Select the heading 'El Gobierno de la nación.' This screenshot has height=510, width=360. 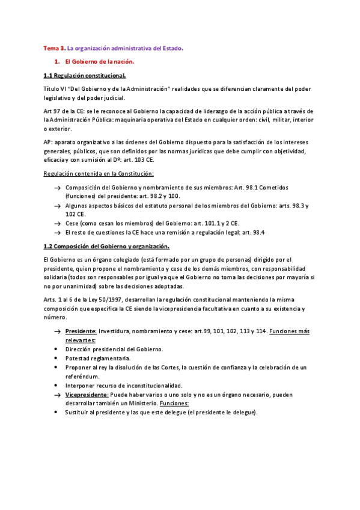pyautogui.click(x=100, y=61)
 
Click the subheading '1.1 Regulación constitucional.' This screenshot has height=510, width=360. pyautogui.click(x=85, y=76)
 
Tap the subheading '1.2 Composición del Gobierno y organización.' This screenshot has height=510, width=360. pyautogui.click(x=107, y=246)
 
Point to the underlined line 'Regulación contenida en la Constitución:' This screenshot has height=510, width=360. pyautogui.click(x=99, y=173)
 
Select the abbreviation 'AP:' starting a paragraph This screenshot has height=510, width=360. pyautogui.click(x=49, y=141)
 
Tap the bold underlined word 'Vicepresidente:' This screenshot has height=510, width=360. pyautogui.click(x=87, y=395)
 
